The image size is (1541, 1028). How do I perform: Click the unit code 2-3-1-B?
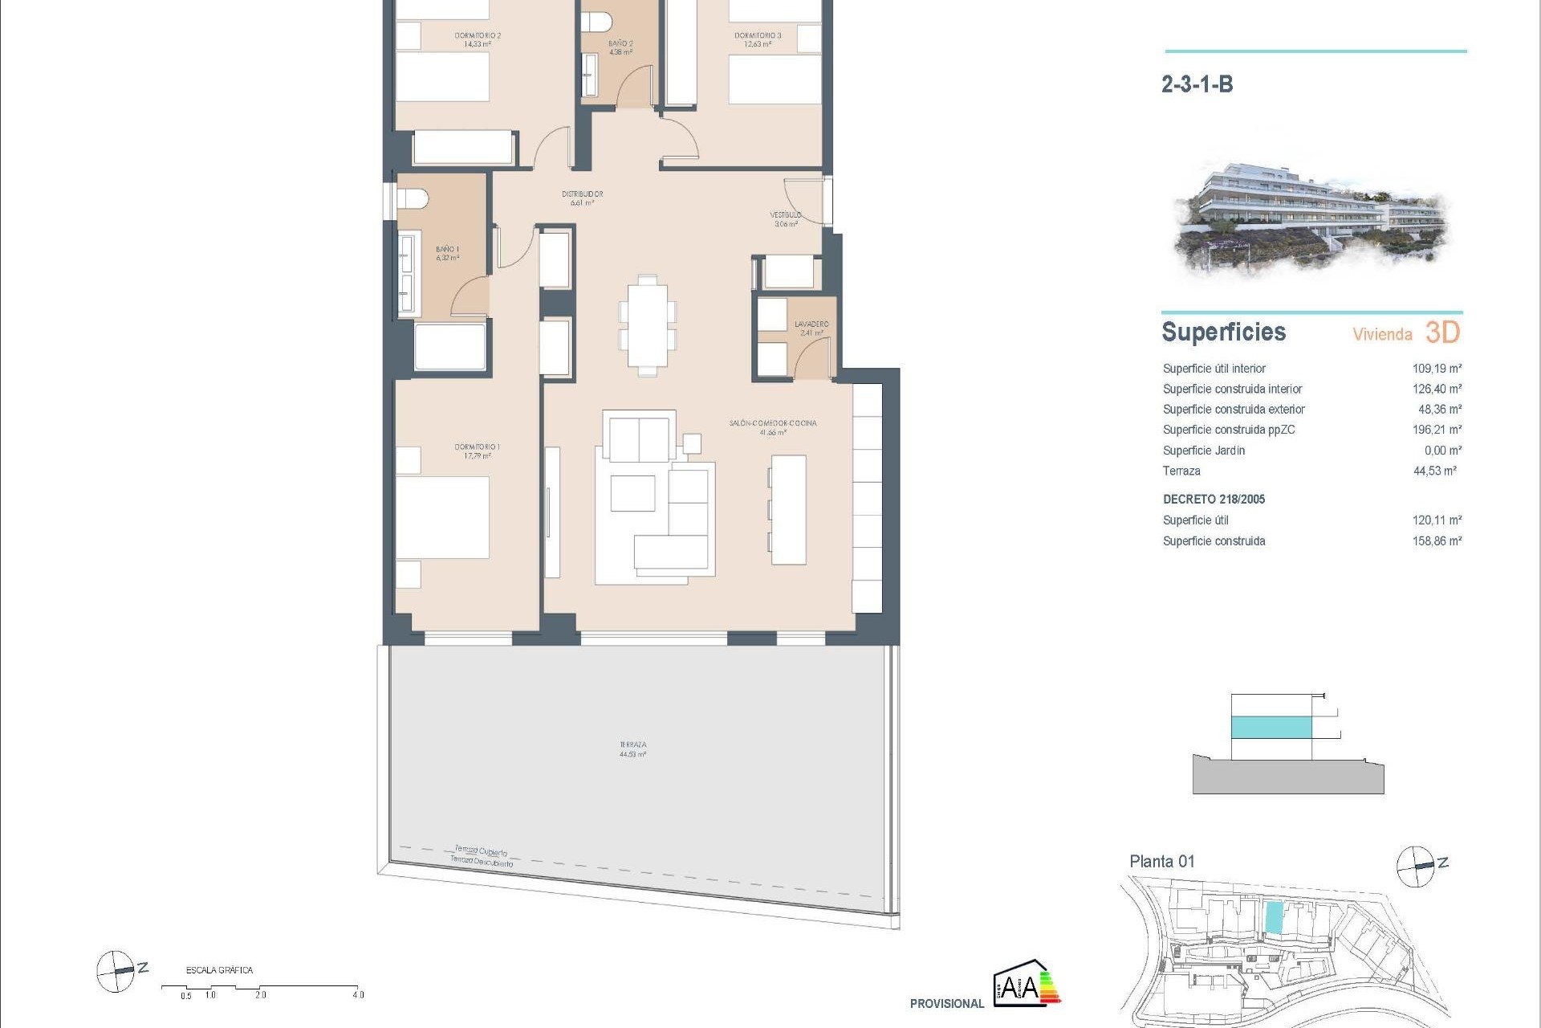click(x=1197, y=84)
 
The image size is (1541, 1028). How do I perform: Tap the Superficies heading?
click(x=1223, y=332)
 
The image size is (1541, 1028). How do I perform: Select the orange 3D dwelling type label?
click(x=1442, y=332)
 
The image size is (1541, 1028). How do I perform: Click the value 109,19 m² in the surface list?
click(x=1437, y=369)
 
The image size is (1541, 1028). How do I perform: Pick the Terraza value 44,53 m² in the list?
click(x=1434, y=471)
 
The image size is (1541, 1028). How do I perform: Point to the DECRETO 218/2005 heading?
click(x=1214, y=499)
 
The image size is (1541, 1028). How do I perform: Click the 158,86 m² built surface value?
click(x=1437, y=541)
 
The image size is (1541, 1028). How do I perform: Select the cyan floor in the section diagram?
click(x=1271, y=728)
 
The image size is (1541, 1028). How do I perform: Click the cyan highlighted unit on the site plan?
click(x=1273, y=917)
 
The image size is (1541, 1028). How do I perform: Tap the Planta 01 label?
click(x=1161, y=862)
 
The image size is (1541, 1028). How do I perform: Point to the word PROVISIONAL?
click(x=946, y=1003)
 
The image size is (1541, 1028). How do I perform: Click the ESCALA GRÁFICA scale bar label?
click(x=219, y=970)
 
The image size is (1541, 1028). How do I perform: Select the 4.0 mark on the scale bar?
click(x=358, y=995)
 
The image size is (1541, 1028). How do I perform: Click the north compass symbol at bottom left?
click(x=116, y=970)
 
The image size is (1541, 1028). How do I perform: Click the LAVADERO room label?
click(x=811, y=324)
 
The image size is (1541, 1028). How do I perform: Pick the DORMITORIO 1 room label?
click(x=477, y=447)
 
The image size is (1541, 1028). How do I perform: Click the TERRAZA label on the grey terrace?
click(x=632, y=745)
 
